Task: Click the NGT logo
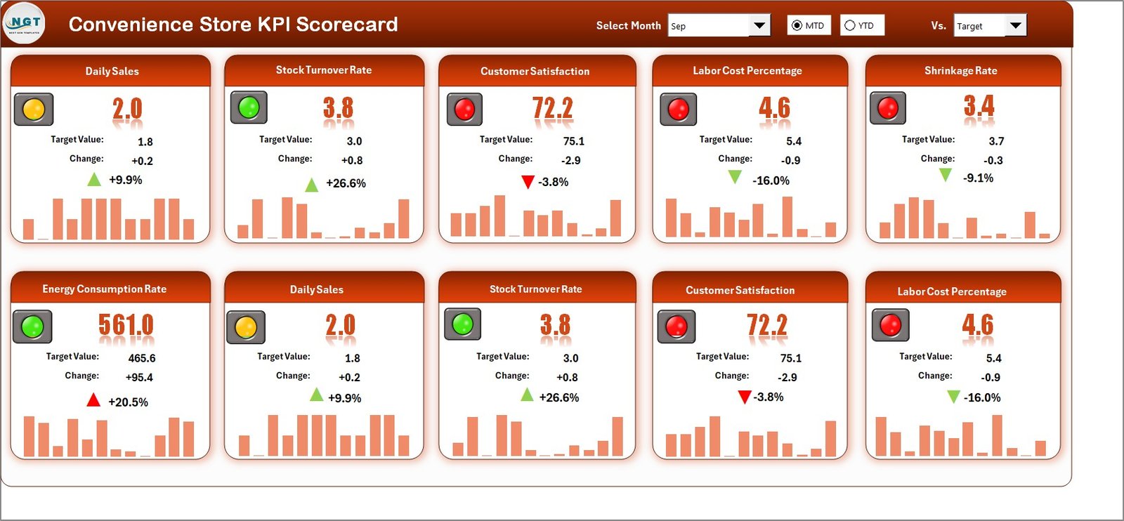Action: pos(24,23)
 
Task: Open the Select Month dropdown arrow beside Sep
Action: pos(759,26)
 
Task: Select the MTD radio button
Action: pos(797,26)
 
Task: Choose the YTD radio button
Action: pos(850,26)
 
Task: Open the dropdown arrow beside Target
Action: pos(1015,26)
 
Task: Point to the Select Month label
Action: pos(628,26)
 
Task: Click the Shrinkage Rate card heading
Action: pos(960,71)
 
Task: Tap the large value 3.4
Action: pos(979,106)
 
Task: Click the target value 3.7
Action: pos(996,141)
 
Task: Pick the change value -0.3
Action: pos(993,160)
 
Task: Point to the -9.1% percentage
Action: pos(978,178)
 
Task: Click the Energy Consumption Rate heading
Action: pos(104,289)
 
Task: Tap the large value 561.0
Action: pos(126,324)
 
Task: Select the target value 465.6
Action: pos(142,358)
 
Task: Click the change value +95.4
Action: pos(139,377)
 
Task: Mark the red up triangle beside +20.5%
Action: pos(93,400)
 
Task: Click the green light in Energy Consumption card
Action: pos(32,327)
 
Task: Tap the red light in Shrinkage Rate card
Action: pos(888,108)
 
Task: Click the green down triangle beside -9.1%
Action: pos(946,175)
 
